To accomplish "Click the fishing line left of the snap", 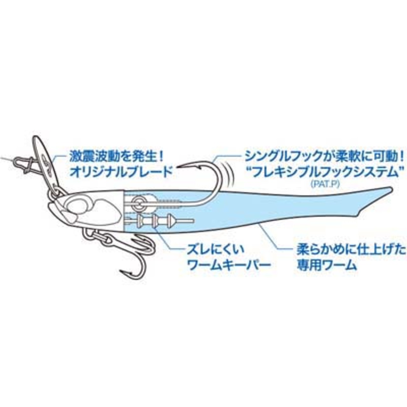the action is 6,159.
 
